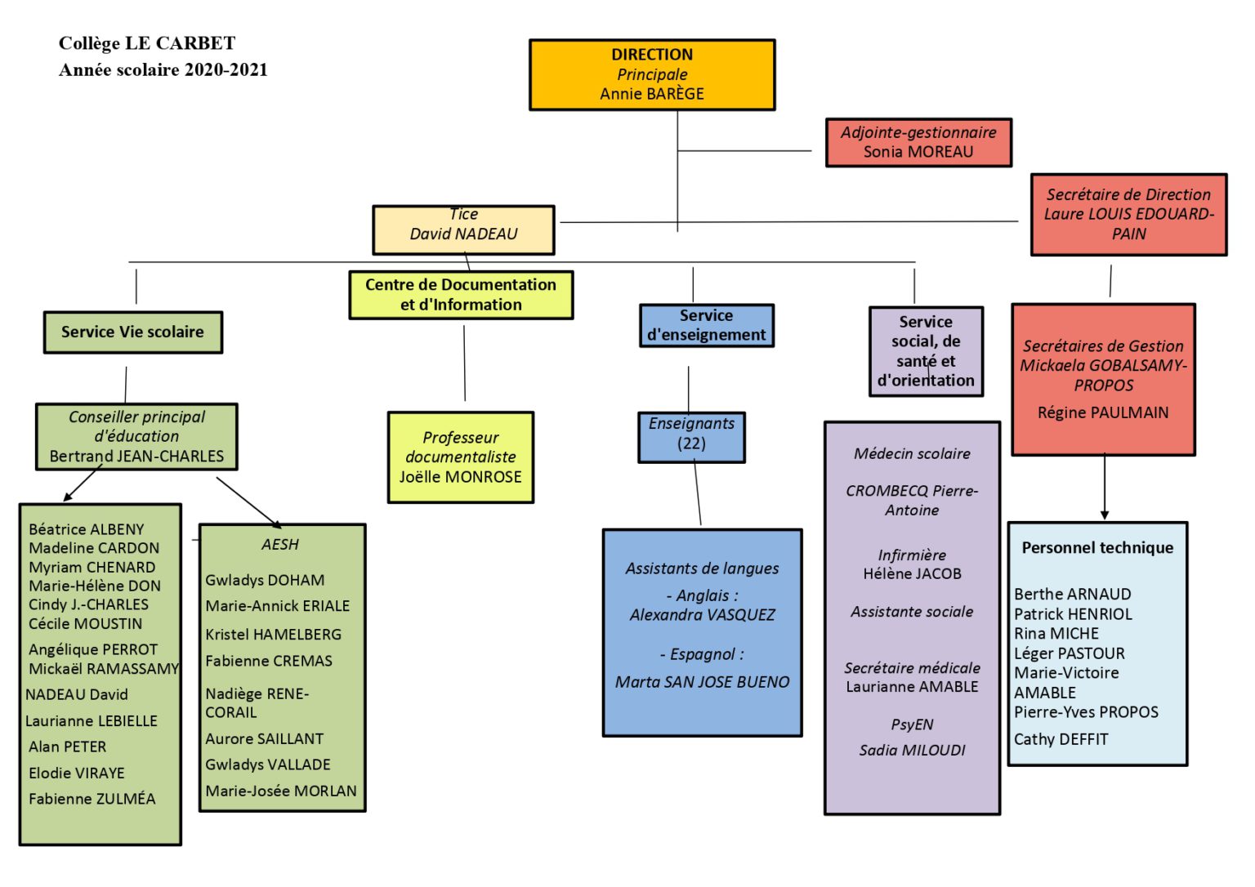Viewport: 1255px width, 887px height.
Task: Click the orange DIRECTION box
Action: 652,74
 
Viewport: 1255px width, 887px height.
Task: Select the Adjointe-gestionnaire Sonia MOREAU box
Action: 918,142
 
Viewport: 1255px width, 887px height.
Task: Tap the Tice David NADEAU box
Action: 463,230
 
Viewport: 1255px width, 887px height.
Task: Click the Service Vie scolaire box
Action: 133,332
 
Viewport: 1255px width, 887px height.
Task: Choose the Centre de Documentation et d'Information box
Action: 461,295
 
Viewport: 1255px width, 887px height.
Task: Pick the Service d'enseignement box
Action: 707,325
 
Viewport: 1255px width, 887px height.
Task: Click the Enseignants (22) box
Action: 691,437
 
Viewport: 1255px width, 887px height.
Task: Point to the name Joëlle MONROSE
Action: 460,476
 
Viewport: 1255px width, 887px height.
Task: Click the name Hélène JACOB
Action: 912,573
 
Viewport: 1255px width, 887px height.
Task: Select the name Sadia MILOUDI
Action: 912,750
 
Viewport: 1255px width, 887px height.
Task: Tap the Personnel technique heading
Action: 1097,548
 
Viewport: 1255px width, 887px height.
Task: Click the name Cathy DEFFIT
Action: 1061,739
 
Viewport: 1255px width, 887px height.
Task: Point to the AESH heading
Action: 280,544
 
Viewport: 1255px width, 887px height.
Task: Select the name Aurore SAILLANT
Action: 265,738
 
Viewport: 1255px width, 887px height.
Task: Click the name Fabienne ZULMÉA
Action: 92,799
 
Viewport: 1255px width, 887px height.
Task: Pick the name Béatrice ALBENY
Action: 87,529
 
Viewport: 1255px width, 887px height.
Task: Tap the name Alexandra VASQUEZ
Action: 702,615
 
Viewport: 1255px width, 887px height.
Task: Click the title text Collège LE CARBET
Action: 147,43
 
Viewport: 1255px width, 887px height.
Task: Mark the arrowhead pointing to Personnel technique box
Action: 1105,515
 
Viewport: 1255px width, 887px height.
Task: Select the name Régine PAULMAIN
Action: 1102,412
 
